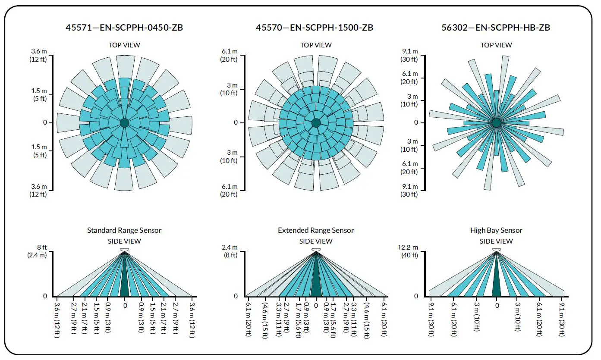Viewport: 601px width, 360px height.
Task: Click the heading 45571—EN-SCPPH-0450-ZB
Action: click(124, 28)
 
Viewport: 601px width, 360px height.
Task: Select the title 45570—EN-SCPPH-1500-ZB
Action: click(315, 28)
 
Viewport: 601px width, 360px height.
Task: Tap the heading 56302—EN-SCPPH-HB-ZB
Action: click(496, 28)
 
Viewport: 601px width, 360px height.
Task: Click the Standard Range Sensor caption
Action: click(124, 230)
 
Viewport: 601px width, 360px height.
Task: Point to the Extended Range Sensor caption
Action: click(316, 230)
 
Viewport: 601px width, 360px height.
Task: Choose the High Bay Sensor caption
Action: click(496, 230)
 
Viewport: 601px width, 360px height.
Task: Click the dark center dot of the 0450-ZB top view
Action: click(124, 123)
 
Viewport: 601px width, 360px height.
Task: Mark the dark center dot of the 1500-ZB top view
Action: click(316, 123)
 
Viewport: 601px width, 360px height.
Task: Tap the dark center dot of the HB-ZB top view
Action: click(496, 123)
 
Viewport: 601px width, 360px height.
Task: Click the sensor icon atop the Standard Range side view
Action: click(125, 250)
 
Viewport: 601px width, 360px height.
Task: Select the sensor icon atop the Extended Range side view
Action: click(316, 250)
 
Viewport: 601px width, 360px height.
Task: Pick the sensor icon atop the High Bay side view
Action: click(496, 250)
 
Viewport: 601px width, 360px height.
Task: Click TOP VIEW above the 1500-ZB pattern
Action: click(316, 45)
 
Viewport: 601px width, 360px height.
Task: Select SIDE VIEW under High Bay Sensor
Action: click(496, 241)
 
